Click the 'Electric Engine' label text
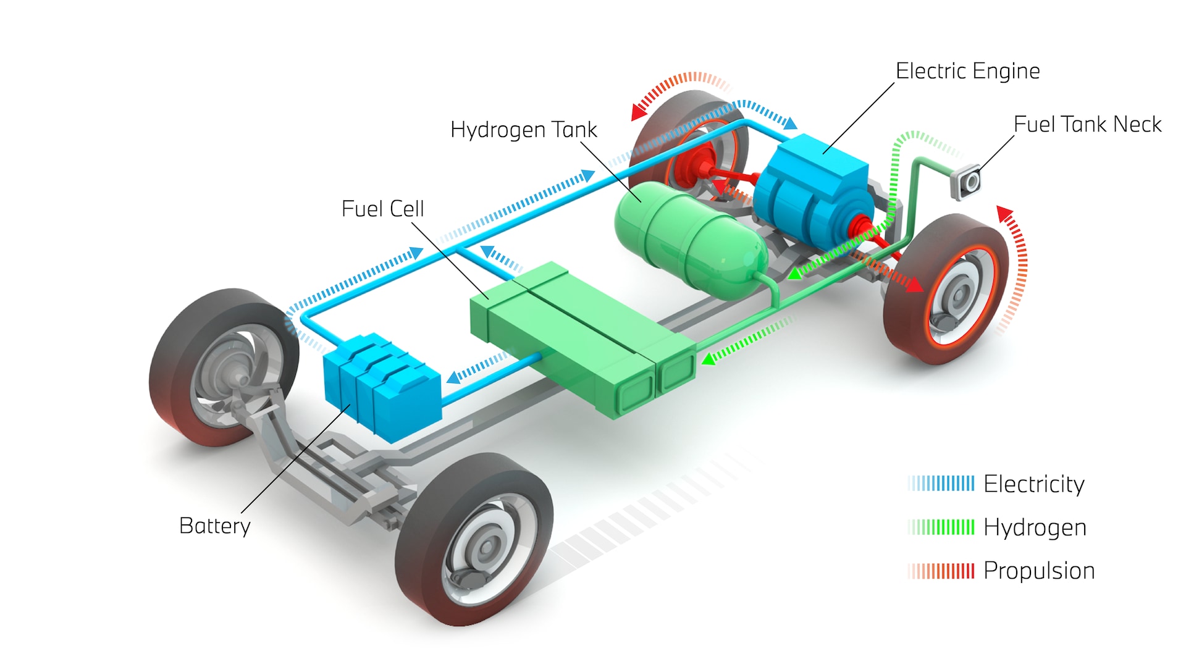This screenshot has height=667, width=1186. coord(967,71)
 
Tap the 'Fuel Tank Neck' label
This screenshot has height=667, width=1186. coord(1087,124)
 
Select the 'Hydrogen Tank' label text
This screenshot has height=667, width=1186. coord(523,130)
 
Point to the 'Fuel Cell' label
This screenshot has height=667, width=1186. coord(382,209)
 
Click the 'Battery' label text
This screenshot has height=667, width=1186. coord(214,526)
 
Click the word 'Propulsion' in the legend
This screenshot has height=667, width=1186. coord(1039,571)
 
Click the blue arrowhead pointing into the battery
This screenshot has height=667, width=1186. coord(454,377)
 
